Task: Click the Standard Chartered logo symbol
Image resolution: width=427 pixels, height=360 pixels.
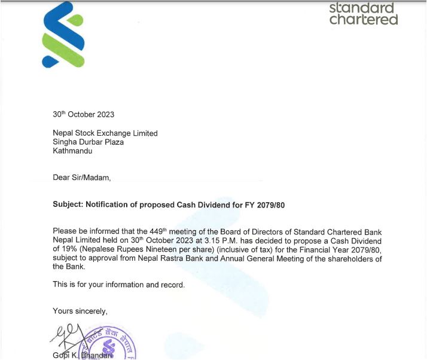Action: point(63,35)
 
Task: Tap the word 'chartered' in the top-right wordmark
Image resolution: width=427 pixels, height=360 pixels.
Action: point(363,20)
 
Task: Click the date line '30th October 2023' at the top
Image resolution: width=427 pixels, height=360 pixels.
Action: point(83,114)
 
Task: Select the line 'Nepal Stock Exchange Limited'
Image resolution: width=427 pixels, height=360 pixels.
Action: point(105,133)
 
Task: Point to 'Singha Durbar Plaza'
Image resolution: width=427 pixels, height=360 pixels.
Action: point(88,142)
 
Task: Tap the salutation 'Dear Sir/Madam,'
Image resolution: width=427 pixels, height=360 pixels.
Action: point(82,178)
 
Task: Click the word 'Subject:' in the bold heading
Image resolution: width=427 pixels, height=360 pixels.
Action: point(68,205)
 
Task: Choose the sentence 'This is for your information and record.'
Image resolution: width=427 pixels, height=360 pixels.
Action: point(119,285)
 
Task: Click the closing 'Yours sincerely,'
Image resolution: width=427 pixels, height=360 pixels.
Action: point(80,311)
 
